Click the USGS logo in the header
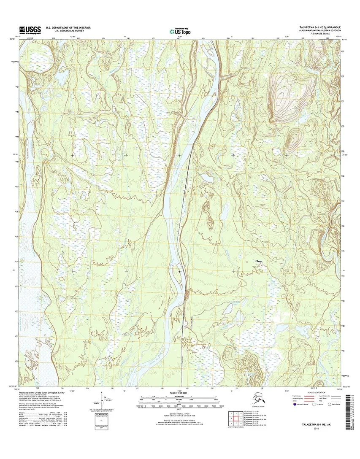pyautogui.click(x=29, y=29)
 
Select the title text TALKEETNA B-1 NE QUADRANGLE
pyautogui.click(x=317, y=27)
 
